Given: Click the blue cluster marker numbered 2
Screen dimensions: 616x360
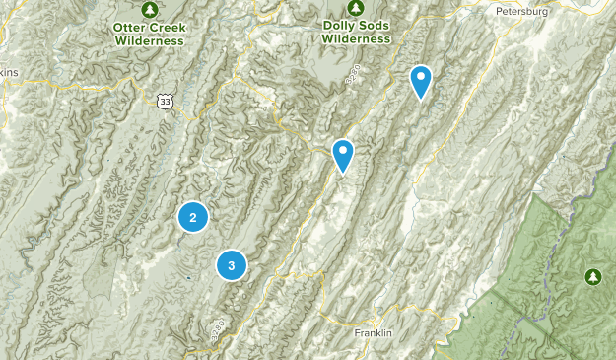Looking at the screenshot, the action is tap(193, 218).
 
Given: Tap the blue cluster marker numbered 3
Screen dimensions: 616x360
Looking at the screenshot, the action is tap(232, 264).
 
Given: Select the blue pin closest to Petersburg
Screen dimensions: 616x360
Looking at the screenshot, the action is tap(421, 81).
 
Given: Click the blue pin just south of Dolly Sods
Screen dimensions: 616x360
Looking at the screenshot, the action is tap(343, 155).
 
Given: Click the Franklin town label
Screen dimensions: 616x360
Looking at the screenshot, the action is tap(374, 333).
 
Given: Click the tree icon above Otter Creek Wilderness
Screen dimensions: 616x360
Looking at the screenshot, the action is tap(149, 10).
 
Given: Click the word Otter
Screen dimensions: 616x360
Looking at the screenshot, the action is tap(128, 28).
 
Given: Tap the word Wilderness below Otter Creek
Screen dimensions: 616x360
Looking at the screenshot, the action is tap(149, 41).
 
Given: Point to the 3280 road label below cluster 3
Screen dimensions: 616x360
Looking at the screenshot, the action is tap(217, 330).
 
